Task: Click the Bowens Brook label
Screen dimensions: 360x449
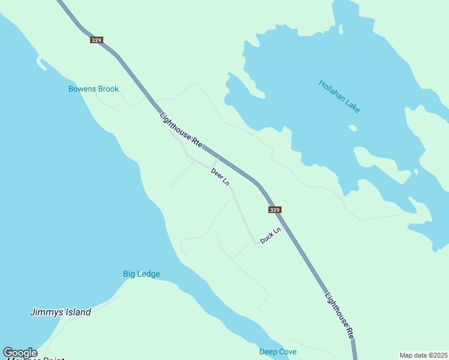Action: click(x=93, y=89)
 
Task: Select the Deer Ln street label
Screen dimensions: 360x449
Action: click(x=220, y=176)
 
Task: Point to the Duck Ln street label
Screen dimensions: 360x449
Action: click(x=270, y=235)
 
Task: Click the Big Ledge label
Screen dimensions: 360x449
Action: click(x=142, y=274)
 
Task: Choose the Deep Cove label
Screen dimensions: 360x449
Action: click(x=278, y=352)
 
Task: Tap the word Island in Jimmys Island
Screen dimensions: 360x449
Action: click(x=78, y=312)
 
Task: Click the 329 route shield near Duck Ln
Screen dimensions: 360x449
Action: click(x=274, y=210)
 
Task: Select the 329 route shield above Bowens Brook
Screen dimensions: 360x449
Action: click(x=97, y=40)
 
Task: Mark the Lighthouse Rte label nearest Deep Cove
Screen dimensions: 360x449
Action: click(x=339, y=316)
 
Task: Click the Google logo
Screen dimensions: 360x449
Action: click(x=20, y=353)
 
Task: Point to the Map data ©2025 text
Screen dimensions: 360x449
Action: click(x=423, y=355)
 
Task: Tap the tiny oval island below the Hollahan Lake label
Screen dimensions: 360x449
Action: click(x=353, y=128)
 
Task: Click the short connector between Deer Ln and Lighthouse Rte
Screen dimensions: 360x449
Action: click(x=215, y=162)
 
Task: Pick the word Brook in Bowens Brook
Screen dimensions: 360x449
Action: click(x=108, y=89)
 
